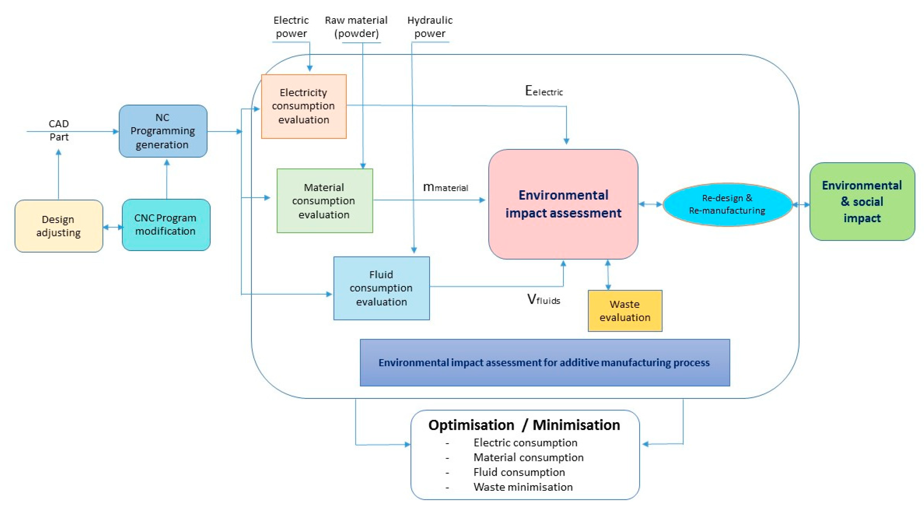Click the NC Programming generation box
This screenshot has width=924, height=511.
coord(163,131)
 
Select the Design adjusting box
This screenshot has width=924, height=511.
coord(58,226)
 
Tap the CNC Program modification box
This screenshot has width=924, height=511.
coord(166,225)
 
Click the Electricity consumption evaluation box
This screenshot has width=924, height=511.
coord(304,106)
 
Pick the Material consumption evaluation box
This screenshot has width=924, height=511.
coord(324,201)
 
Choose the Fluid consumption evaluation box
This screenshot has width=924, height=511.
coord(381,288)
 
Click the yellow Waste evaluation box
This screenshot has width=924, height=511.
coord(625,311)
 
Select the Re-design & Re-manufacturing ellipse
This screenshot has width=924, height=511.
coord(727,204)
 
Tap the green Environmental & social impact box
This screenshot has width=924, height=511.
coord(862,202)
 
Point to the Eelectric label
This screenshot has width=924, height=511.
coord(544,91)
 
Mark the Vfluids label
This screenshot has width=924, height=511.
coord(543,299)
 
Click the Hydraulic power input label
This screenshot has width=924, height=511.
coord(430,27)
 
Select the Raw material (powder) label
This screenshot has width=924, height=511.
coord(356,27)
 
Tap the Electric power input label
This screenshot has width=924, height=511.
coord(291,27)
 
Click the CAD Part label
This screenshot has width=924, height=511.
coord(59,130)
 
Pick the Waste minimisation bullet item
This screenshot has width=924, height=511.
coord(523,487)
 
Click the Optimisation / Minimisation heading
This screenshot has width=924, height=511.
coord(524,425)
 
